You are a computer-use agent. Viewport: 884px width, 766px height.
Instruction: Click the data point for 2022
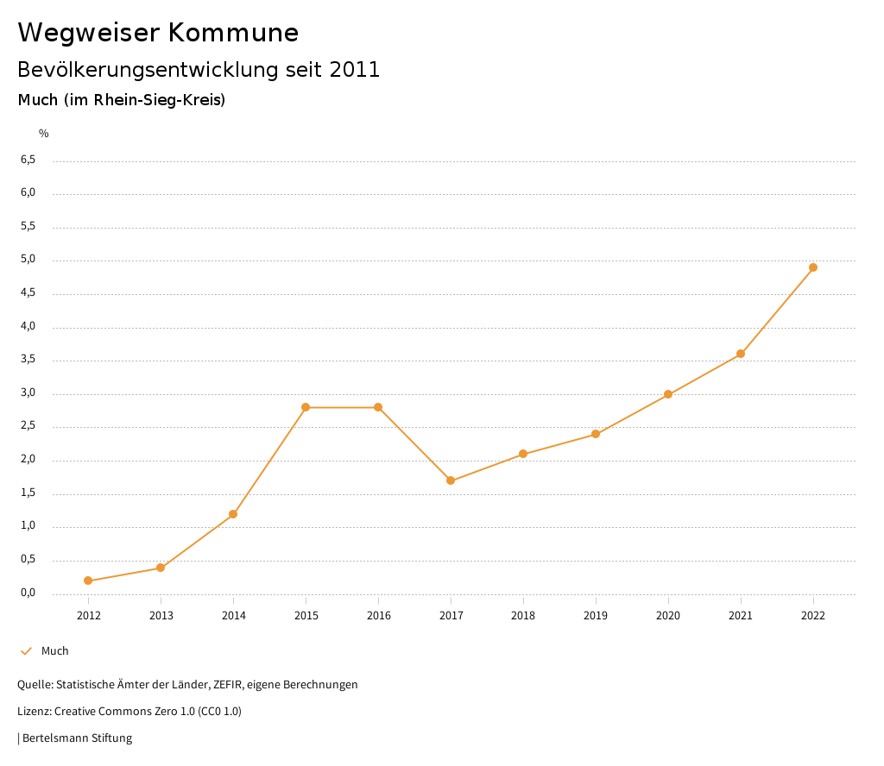[813, 267]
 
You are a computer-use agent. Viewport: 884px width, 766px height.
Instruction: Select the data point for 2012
[88, 581]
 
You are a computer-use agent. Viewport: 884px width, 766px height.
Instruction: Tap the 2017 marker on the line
[451, 480]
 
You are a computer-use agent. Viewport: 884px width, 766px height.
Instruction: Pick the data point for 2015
[306, 407]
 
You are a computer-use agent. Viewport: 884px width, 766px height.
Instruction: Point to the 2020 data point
[668, 394]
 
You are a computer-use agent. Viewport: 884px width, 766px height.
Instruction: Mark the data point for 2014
[233, 514]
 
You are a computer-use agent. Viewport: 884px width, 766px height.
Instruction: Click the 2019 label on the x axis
[596, 616]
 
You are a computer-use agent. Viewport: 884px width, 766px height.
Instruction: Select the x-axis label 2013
[161, 616]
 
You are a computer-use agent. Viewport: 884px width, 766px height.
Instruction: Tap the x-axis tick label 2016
[378, 616]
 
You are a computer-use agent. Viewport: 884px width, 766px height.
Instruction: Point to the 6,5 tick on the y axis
[28, 160]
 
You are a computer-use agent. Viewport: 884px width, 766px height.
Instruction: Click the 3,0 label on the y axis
[28, 393]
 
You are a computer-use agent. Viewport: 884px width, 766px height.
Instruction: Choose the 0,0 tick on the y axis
[28, 593]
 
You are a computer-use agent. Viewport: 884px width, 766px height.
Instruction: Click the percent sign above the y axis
[44, 134]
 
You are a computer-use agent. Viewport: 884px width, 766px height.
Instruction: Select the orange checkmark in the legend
[26, 651]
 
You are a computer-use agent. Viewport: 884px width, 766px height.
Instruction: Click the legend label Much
[55, 651]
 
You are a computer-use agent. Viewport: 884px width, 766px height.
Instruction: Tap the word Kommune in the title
[233, 33]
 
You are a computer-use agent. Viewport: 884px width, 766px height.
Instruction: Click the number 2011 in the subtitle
[355, 70]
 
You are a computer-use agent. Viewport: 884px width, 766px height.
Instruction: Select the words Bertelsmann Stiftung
[77, 738]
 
